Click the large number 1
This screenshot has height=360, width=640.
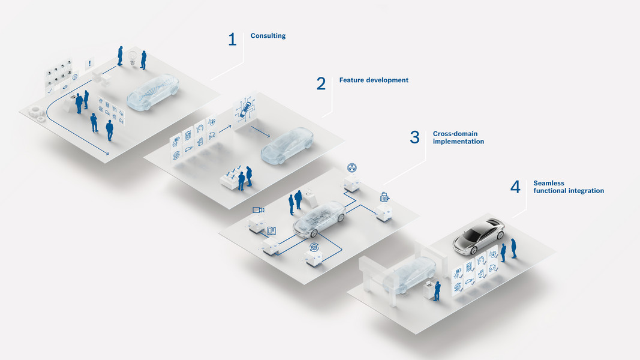pyautogui.click(x=232, y=40)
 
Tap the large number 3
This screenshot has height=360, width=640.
pyautogui.click(x=414, y=137)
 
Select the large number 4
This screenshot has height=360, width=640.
pyautogui.click(x=515, y=187)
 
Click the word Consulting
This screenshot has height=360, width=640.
pyautogui.click(x=268, y=36)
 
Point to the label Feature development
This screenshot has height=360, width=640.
pyautogui.click(x=373, y=80)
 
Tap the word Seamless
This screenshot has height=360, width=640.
pyautogui.click(x=548, y=183)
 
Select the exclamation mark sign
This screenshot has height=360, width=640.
pyautogui.click(x=91, y=62)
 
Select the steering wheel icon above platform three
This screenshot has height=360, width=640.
pyautogui.click(x=352, y=167)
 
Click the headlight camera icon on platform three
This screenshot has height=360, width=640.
pyautogui.click(x=259, y=209)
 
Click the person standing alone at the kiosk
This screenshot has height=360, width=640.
pyautogui.click(x=437, y=290)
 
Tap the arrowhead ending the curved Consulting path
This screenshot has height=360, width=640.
pyautogui.click(x=107, y=154)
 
